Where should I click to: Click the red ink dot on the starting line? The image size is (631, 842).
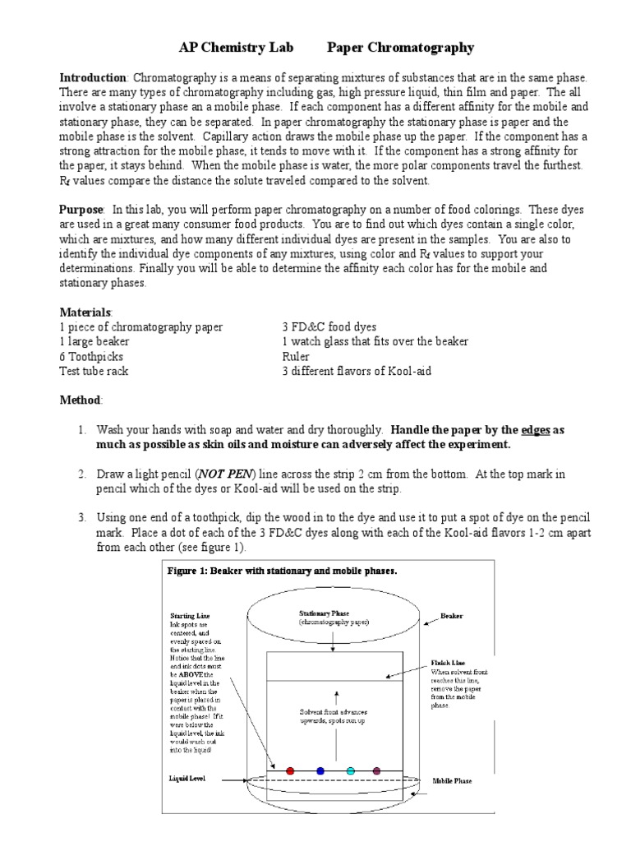coord(289,770)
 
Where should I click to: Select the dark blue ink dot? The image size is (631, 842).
coord(320,770)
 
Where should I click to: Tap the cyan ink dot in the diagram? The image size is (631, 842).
coord(351,770)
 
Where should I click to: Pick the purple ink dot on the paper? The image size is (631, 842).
coord(377,770)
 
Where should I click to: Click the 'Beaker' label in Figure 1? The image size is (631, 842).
coord(453,614)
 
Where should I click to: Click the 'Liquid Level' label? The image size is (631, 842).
coord(188,777)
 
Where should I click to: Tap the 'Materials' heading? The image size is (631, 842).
coord(86,312)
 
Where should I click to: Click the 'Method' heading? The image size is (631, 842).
coord(81,399)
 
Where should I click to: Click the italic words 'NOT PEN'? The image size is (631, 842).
coord(223,474)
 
